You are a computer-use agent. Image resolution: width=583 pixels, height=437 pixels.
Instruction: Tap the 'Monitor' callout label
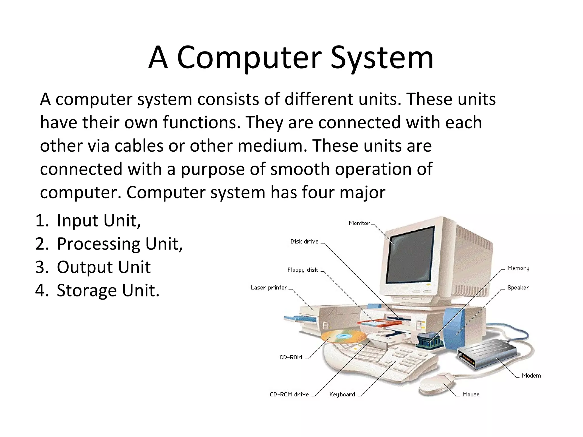(x=359, y=223)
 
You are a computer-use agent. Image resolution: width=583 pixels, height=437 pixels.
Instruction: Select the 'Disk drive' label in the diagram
(x=304, y=242)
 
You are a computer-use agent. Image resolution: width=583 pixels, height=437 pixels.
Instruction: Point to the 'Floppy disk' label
(x=302, y=270)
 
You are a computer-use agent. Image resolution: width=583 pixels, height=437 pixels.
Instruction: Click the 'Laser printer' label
(x=269, y=288)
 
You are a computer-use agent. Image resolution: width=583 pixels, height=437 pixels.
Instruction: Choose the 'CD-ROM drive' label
(x=289, y=394)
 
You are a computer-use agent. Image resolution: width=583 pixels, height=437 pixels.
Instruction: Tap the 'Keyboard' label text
(x=342, y=394)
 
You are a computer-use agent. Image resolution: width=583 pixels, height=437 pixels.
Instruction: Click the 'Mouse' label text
(x=471, y=394)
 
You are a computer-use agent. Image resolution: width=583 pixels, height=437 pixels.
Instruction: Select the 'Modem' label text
(x=531, y=376)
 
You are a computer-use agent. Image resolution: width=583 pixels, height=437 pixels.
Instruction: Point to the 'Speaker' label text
(x=518, y=288)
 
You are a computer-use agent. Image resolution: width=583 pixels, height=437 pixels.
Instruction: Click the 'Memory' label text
(x=518, y=268)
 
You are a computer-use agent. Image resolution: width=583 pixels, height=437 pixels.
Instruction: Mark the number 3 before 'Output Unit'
(x=40, y=267)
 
